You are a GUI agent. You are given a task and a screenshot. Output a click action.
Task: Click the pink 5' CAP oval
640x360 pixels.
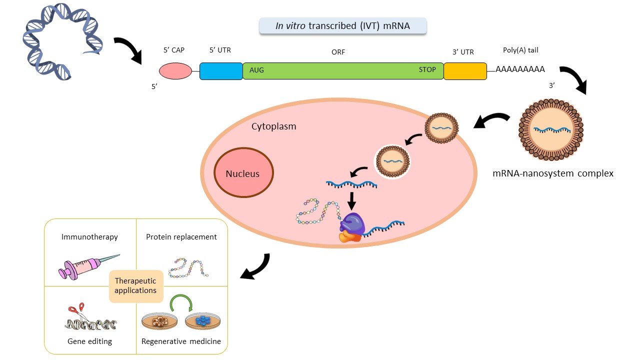point(175,71)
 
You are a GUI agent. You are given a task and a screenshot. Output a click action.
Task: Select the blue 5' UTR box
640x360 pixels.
point(221,71)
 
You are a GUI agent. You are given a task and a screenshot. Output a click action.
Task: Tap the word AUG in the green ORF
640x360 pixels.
point(256,70)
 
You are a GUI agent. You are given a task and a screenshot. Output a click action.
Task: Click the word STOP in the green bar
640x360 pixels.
point(427,70)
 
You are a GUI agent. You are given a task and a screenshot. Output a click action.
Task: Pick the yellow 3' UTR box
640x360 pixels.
point(465,71)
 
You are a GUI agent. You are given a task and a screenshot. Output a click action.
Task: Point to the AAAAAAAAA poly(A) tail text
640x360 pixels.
point(520,69)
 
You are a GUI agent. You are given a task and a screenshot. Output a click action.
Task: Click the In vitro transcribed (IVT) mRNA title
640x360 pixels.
point(342,26)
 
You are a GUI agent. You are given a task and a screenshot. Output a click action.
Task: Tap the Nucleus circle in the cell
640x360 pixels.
point(243,173)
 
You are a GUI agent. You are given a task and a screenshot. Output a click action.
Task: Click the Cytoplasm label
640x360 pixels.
point(273,126)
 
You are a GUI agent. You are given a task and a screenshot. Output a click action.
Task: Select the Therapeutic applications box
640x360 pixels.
point(135,285)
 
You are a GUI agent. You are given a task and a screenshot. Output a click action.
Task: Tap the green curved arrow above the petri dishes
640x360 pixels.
point(181,304)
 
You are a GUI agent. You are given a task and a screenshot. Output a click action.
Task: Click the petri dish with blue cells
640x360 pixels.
point(202,321)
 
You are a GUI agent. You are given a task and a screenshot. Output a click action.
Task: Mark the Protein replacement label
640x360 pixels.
point(181,237)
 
